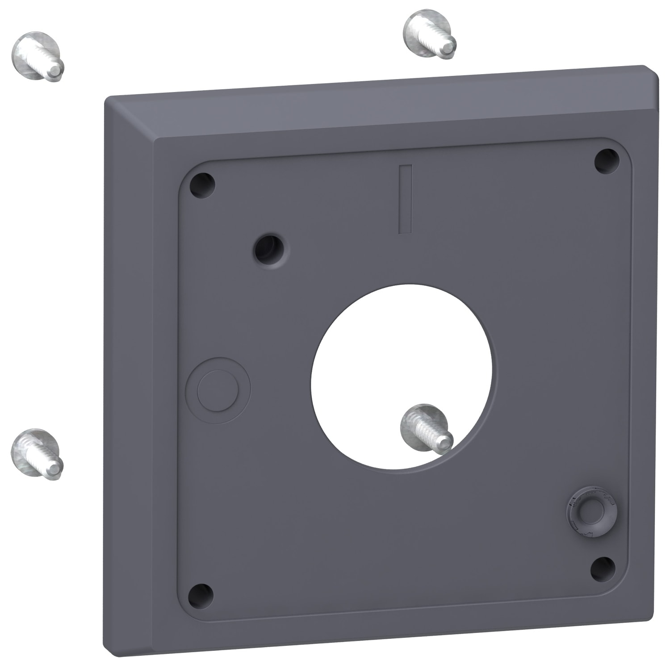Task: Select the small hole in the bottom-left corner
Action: pyautogui.click(x=201, y=595)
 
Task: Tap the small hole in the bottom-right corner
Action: pyautogui.click(x=603, y=569)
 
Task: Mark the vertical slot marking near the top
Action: pyautogui.click(x=405, y=199)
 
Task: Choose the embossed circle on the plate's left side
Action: pyautogui.click(x=218, y=390)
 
